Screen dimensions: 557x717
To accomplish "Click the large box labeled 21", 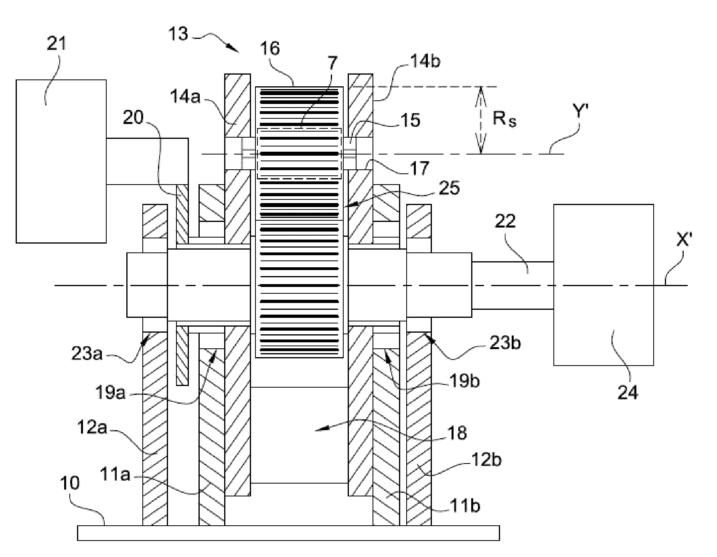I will point(61,161).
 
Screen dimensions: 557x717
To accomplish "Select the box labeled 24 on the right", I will point(603,285).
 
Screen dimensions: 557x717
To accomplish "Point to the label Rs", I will point(504,120).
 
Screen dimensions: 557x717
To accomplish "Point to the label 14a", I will point(185,97).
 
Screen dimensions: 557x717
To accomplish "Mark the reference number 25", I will point(449,187).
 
